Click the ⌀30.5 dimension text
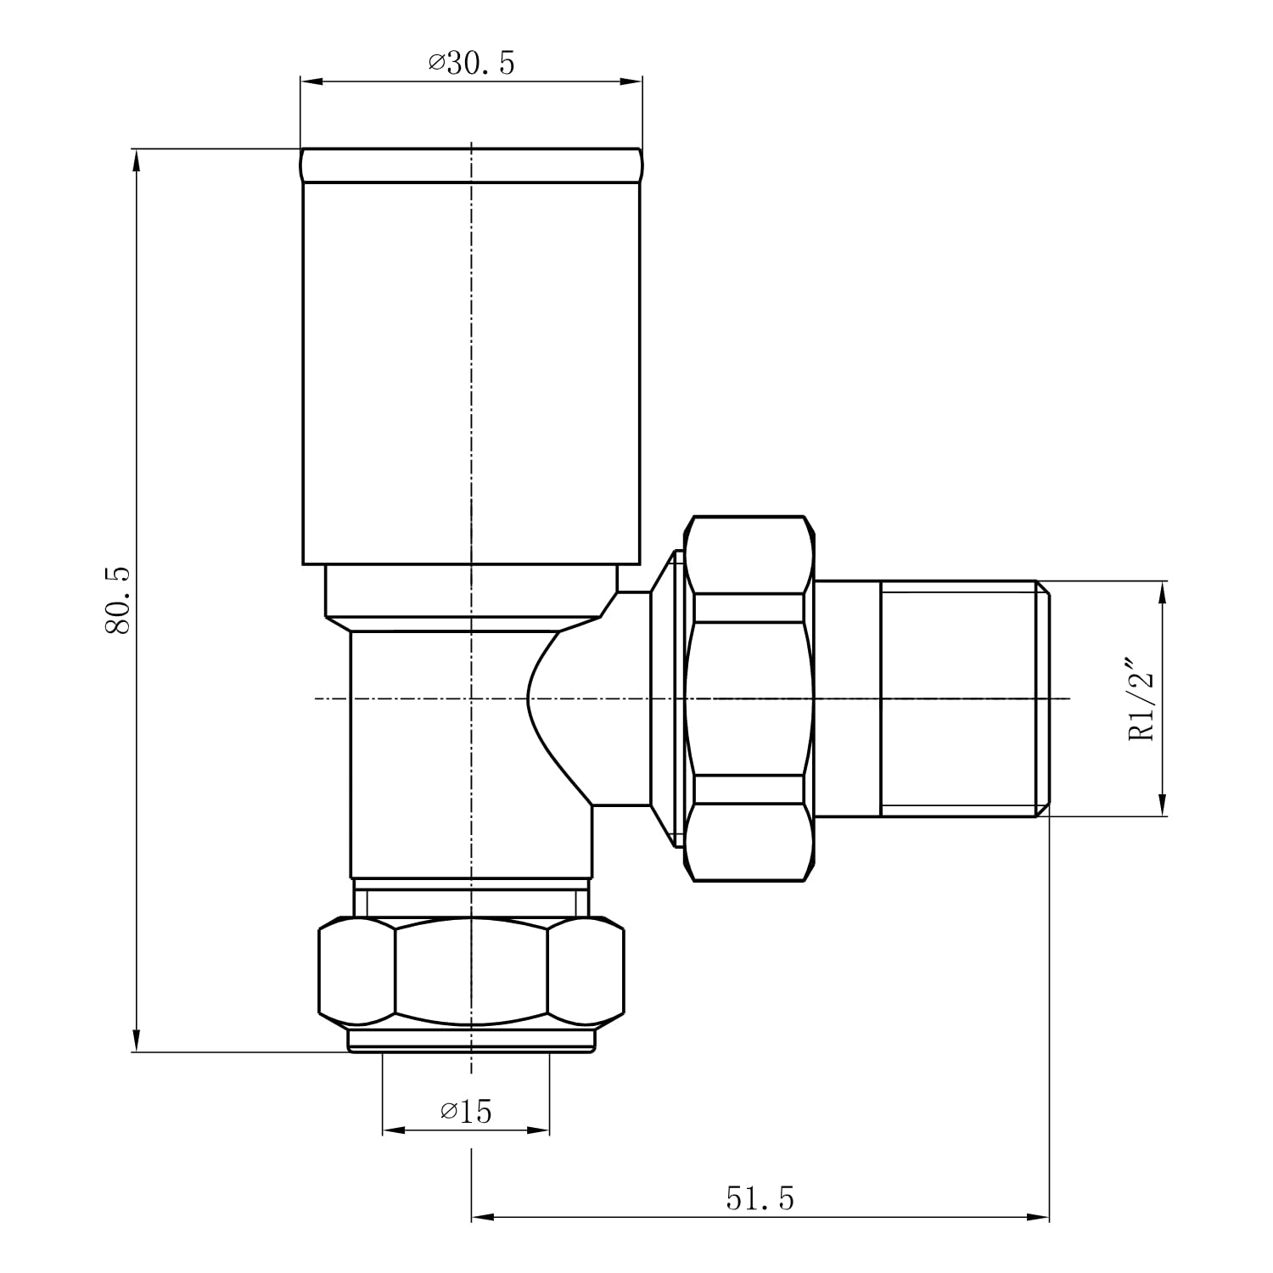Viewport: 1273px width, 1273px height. click(472, 63)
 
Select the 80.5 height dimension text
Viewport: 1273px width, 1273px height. click(118, 600)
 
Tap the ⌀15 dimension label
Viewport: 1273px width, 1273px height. click(466, 1110)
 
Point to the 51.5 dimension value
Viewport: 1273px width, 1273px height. click(760, 1198)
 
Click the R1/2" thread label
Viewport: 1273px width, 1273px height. click(1142, 698)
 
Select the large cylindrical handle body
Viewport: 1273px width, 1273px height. click(472, 373)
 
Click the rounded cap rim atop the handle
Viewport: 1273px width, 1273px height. click(471, 165)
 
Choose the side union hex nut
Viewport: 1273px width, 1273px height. click(749, 698)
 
